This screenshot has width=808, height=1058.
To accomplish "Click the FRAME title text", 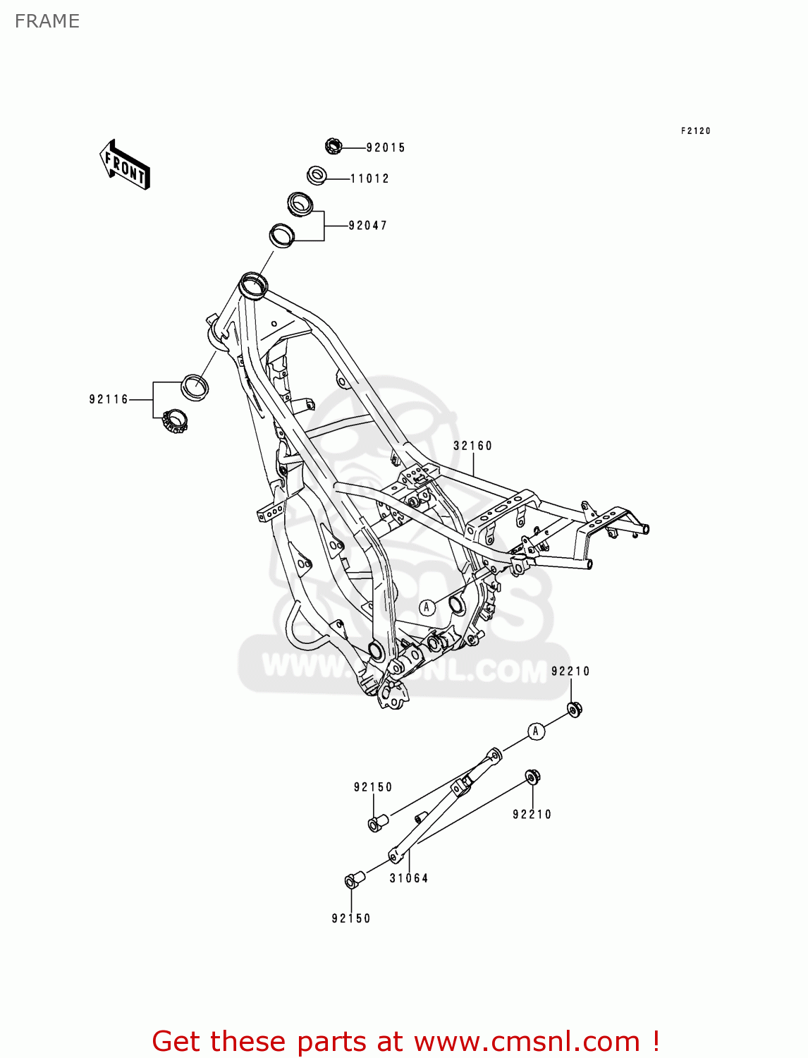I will (47, 22).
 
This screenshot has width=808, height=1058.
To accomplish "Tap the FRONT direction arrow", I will (126, 165).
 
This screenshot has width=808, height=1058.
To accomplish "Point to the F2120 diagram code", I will (695, 131).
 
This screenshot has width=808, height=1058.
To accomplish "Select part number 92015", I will (386, 148).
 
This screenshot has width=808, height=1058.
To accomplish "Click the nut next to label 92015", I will (333, 147).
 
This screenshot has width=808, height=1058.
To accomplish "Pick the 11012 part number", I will (369, 179).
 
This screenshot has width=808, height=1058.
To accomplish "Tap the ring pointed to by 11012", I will (317, 175).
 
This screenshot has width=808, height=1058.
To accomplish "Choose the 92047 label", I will (368, 226).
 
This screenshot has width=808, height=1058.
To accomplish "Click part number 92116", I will (109, 400).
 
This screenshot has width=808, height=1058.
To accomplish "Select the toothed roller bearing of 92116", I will (174, 421).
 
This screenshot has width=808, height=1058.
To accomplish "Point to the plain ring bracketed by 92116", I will (195, 387).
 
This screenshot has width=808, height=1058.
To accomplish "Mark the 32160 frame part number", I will (472, 446).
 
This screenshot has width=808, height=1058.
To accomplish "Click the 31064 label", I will (409, 878).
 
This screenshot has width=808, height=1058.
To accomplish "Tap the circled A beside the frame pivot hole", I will (427, 607).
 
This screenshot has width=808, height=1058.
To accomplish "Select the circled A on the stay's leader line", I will (536, 731).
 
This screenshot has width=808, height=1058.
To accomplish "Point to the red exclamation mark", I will (656, 1041).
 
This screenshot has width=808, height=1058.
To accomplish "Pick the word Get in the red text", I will (178, 1042).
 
